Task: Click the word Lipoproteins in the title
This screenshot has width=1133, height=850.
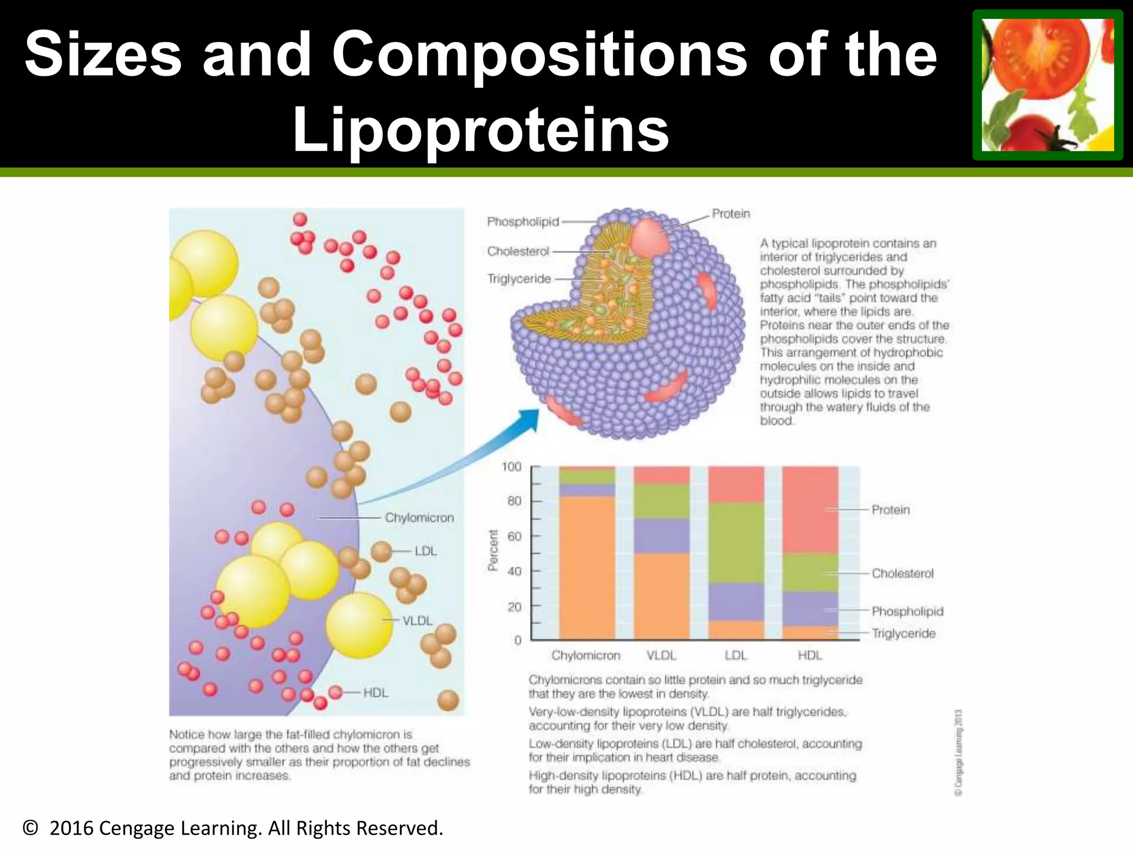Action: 480,131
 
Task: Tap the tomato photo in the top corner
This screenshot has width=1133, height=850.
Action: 1047,85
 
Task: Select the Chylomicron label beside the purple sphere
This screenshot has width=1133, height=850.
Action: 419,518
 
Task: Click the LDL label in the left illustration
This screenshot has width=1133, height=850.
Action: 425,551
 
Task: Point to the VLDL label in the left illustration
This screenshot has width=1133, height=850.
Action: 417,621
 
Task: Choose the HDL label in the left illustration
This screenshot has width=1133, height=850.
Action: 376,693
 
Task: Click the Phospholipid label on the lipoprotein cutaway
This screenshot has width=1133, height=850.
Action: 523,222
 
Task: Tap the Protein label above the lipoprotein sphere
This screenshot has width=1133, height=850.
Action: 731,214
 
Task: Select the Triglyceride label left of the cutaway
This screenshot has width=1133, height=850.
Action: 519,279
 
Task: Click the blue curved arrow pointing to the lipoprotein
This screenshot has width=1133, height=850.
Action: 454,459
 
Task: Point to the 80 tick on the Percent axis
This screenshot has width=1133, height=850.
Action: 514,501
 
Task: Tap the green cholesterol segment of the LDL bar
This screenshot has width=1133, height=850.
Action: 736,542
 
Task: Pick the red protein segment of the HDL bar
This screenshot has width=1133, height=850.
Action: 810,509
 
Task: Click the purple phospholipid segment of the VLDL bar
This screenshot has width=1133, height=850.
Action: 662,536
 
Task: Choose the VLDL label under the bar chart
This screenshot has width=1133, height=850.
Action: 662,656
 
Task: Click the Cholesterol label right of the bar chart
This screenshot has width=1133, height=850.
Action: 902,573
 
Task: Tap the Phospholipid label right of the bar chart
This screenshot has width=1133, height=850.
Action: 907,611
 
